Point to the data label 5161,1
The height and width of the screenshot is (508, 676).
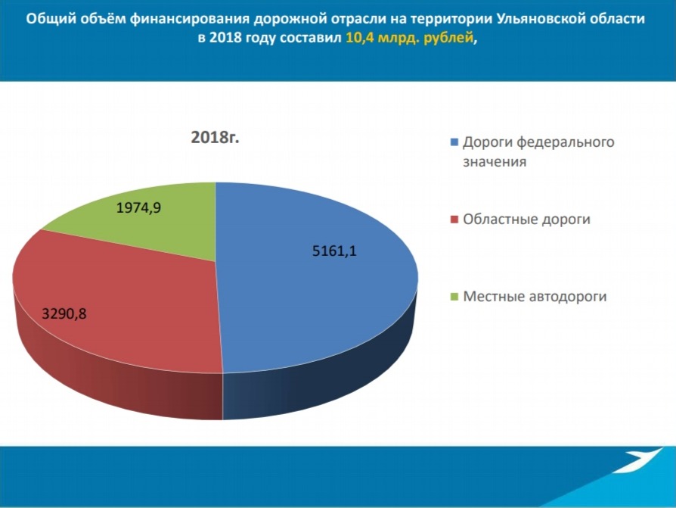click(334, 251)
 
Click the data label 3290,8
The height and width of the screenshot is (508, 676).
click(64, 313)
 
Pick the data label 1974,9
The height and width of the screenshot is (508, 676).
click(139, 208)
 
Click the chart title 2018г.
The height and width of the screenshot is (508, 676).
click(215, 137)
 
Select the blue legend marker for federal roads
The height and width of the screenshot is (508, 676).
click(454, 142)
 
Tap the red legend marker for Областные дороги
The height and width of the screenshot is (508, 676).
click(454, 220)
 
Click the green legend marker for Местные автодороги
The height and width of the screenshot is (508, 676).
click(454, 297)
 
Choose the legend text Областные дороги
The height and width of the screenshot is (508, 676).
click(526, 220)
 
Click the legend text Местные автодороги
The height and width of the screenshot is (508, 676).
click(535, 297)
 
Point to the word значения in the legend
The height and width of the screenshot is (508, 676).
click(495, 162)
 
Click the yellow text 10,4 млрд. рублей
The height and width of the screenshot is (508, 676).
click(410, 38)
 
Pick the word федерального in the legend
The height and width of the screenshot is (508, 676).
click(565, 142)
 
